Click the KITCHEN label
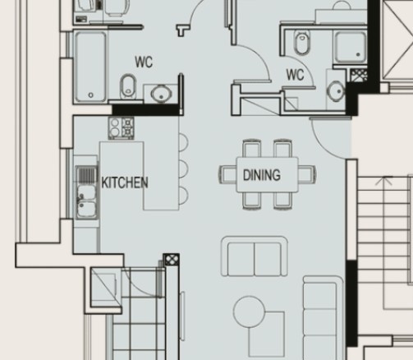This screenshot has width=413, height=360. pos(125,182)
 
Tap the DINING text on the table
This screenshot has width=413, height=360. pos(262,175)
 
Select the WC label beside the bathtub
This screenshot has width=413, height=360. pos(144,62)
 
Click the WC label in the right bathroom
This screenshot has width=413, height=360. pos(295,75)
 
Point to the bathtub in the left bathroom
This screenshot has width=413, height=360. pos(91,67)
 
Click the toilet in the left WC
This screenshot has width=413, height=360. pos(128,86)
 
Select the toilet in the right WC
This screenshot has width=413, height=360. pos(302,43)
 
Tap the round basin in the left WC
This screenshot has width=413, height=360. pos(162,93)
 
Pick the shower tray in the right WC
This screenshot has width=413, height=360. pos(351,47)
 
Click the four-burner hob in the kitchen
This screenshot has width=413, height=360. pos(122,127)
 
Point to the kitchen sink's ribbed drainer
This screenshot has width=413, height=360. pos(87,175)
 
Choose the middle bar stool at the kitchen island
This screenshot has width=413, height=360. pos(184,168)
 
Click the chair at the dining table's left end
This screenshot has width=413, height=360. pos(227,174)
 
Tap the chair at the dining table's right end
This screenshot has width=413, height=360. pos(307,174)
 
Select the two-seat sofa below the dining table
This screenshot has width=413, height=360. pos(255,256)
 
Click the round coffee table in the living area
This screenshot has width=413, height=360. pos(249,312)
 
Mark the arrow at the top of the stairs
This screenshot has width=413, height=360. pos(384,182)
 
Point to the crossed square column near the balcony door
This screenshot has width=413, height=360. pos(172,260)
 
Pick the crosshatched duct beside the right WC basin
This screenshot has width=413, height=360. pos(359,75)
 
